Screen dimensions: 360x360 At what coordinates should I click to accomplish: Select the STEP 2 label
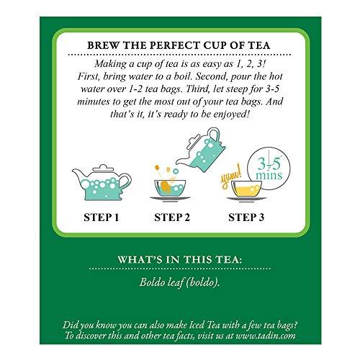179,214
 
